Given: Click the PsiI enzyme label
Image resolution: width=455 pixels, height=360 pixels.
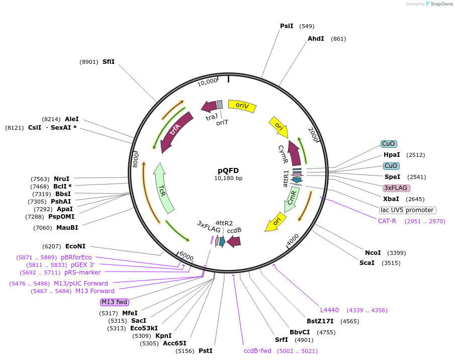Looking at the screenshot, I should (x=287, y=26).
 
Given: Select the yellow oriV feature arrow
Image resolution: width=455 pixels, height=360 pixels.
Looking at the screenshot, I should (x=242, y=106).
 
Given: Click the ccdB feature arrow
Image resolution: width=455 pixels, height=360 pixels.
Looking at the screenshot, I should (x=234, y=242).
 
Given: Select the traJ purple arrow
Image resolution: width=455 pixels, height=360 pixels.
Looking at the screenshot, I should (x=209, y=106).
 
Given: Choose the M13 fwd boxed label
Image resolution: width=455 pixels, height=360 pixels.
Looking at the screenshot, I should (x=115, y=302).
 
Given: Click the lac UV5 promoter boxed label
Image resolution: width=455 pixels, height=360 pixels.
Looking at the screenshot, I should (x=407, y=210).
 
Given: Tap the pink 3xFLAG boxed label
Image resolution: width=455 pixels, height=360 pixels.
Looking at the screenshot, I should (x=396, y=188).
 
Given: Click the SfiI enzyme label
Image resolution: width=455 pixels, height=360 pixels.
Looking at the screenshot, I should (x=109, y=62).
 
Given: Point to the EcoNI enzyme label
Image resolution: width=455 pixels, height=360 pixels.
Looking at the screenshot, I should (x=75, y=246).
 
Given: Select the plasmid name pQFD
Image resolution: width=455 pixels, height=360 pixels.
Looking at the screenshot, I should (x=228, y=170).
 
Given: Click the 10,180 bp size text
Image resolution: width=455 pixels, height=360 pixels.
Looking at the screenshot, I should (x=228, y=178).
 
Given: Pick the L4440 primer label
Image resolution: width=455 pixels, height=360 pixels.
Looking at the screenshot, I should (x=330, y=310).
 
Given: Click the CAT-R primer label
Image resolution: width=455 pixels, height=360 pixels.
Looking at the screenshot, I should (x=387, y=221).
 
